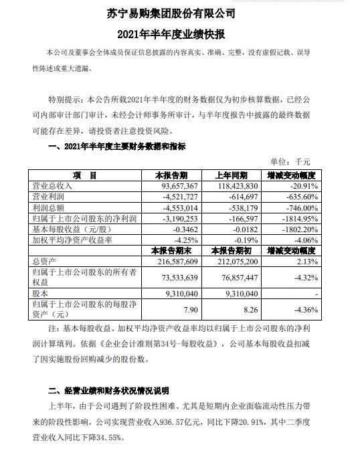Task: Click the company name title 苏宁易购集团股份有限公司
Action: pos(181,13)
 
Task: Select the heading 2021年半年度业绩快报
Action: pos(181,31)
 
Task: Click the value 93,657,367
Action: pos(177,185)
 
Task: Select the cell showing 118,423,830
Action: pos(234,185)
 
